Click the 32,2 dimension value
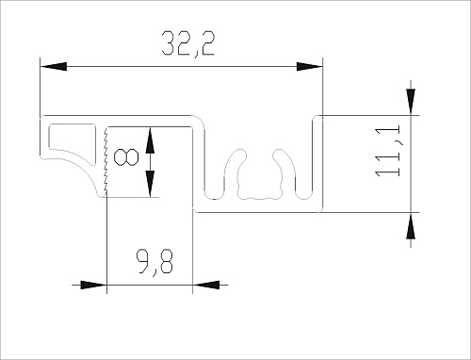[x=188, y=44]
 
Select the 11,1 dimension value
[x=388, y=151]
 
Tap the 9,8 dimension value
[x=154, y=262]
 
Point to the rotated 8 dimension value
[x=125, y=157]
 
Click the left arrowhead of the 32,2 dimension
[x=54, y=67]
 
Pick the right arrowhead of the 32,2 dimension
[x=310, y=67]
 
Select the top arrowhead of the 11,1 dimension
[x=411, y=102]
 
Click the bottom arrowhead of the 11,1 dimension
[x=411, y=225]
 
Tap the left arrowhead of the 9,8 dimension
[x=93, y=286]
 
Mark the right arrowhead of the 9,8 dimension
[x=205, y=286]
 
